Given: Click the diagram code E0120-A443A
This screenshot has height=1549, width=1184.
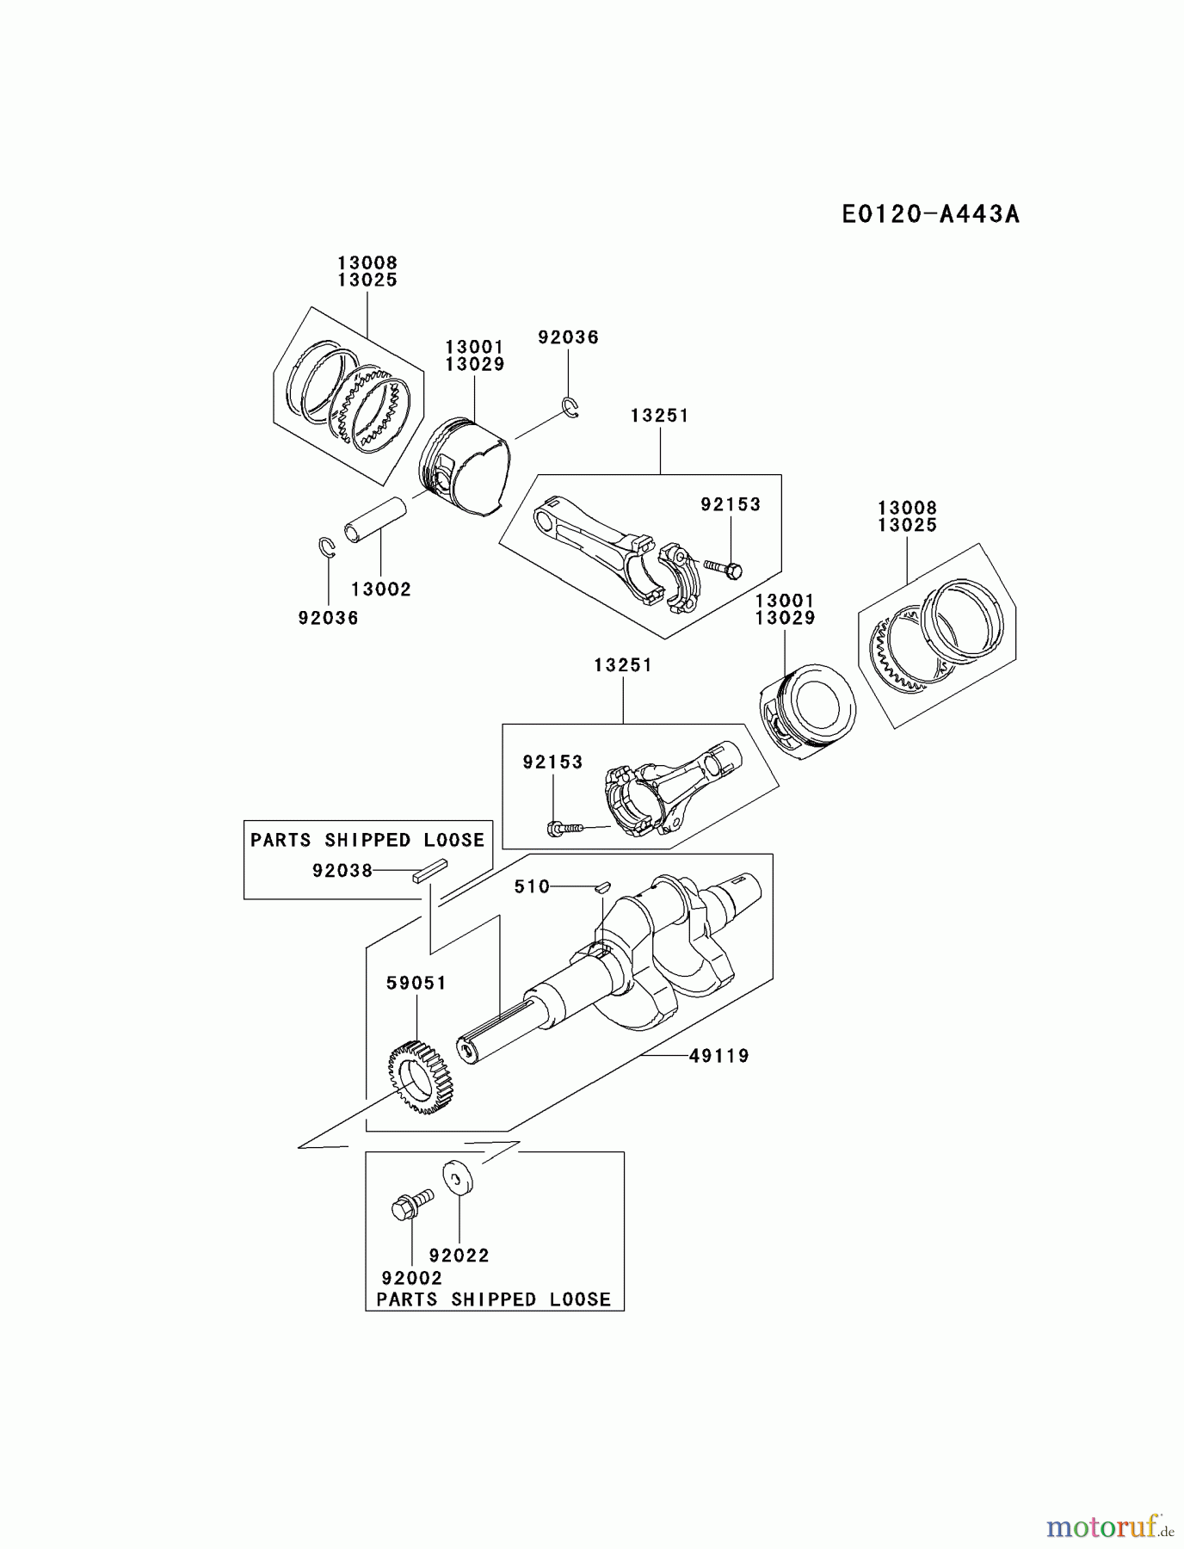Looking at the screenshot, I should (930, 213).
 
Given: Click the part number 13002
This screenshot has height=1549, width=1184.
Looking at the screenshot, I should (381, 589).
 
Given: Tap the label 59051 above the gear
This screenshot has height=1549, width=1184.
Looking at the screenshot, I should (416, 983).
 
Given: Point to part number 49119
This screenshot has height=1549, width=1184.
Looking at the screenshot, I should (719, 1055).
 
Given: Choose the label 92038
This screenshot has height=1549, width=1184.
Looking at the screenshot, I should (342, 871).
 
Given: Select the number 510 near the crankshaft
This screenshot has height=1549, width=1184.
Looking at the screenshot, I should (532, 886).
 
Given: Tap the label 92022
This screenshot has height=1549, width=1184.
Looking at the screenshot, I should (459, 1256).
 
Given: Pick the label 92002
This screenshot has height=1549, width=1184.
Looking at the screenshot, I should (411, 1279).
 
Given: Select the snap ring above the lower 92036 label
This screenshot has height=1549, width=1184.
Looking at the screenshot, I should (325, 548).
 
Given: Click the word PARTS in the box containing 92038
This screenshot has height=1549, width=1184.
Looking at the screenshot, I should (281, 840).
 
